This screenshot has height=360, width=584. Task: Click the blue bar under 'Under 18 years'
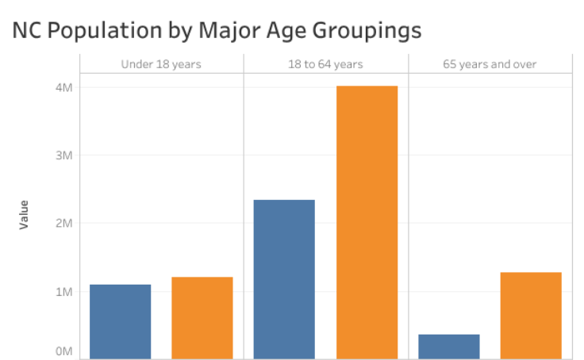click(x=120, y=321)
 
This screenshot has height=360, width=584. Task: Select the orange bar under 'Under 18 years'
click(x=202, y=317)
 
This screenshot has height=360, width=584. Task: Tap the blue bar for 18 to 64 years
click(x=284, y=279)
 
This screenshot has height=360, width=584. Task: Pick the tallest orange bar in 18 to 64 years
click(x=367, y=222)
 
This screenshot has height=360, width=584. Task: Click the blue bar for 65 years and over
click(x=448, y=347)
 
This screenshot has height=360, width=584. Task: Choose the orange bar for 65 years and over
click(x=531, y=315)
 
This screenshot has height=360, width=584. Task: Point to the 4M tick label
click(x=63, y=87)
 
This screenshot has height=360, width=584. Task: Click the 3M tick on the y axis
click(x=63, y=155)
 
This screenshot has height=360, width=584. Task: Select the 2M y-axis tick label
click(x=63, y=224)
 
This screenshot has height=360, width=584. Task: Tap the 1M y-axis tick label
click(x=63, y=292)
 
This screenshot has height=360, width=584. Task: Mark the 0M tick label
click(x=63, y=351)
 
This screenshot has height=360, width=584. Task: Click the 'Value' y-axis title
click(x=24, y=215)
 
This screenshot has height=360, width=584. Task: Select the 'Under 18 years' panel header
click(x=161, y=64)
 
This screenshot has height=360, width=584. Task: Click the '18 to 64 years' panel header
click(x=325, y=64)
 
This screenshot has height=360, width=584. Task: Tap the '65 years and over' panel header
click(x=490, y=64)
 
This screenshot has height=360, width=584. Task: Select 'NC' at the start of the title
click(x=26, y=30)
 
